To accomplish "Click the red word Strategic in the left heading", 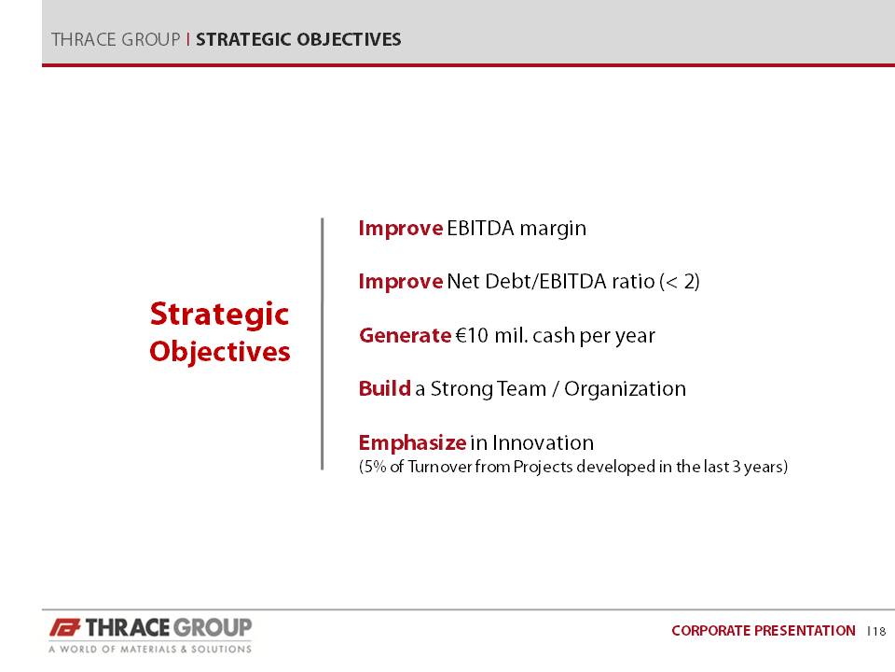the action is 219,315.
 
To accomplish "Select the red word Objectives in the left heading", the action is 220,352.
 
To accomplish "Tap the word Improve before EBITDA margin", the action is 401,229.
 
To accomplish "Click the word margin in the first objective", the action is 553,229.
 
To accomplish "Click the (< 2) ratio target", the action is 680,282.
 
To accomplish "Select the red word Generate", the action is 406,335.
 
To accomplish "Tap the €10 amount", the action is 472,335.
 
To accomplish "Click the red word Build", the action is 385,388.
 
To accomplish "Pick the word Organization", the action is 625,389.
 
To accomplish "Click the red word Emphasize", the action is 413,442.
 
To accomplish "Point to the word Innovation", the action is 543,442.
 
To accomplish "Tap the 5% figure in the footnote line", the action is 375,467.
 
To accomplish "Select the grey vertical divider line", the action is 323,344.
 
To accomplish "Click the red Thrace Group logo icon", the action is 64,628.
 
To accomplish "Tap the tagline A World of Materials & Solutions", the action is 150,650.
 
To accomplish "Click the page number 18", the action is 879,632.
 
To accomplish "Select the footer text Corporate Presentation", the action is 764,631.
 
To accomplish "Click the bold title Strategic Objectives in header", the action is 298,39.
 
